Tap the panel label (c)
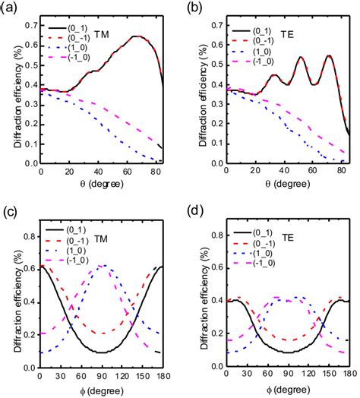point(11,207)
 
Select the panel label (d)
point(194,207)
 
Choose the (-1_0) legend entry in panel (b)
point(258,55)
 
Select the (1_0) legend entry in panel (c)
point(73,248)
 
